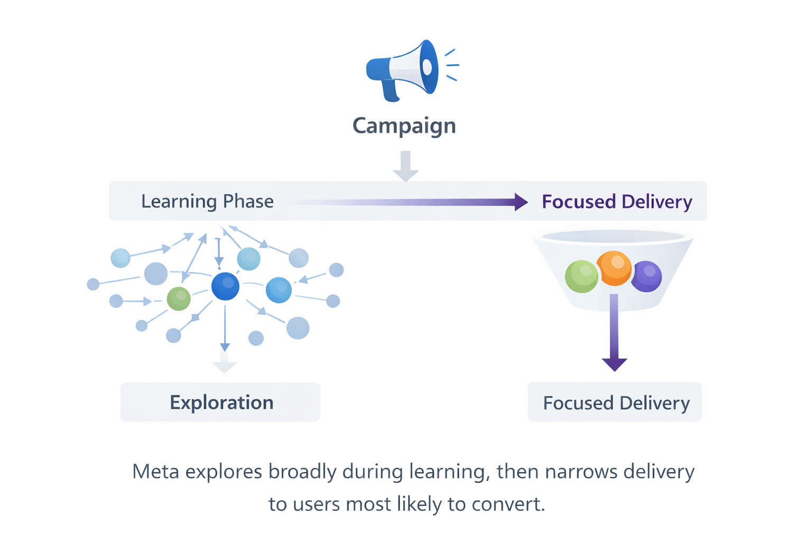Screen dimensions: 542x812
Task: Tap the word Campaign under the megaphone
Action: pos(404,126)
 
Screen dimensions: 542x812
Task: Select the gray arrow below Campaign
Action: pos(405,166)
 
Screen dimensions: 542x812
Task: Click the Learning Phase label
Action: pos(207,201)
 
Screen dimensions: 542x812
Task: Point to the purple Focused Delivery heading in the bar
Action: pos(616,202)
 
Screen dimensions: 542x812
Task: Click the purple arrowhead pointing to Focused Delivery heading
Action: pos(520,202)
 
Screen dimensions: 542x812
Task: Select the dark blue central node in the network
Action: pos(225,286)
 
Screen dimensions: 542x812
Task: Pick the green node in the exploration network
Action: pos(179,299)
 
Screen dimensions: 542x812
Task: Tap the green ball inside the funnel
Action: pos(581,276)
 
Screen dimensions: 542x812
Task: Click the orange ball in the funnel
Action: pos(614,268)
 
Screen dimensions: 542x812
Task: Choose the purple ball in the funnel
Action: pos(647,276)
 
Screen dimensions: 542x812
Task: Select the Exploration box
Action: pos(220,402)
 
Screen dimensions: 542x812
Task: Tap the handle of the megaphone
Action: pos(390,90)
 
